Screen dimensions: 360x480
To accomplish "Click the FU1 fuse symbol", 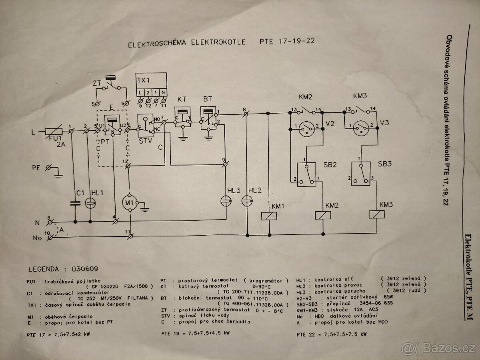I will [x=53, y=131].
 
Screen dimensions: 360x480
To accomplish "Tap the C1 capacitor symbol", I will [x=75, y=203].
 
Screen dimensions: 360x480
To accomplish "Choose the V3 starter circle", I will [x=362, y=126].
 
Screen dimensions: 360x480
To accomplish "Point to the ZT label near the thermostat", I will [x=96, y=84].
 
